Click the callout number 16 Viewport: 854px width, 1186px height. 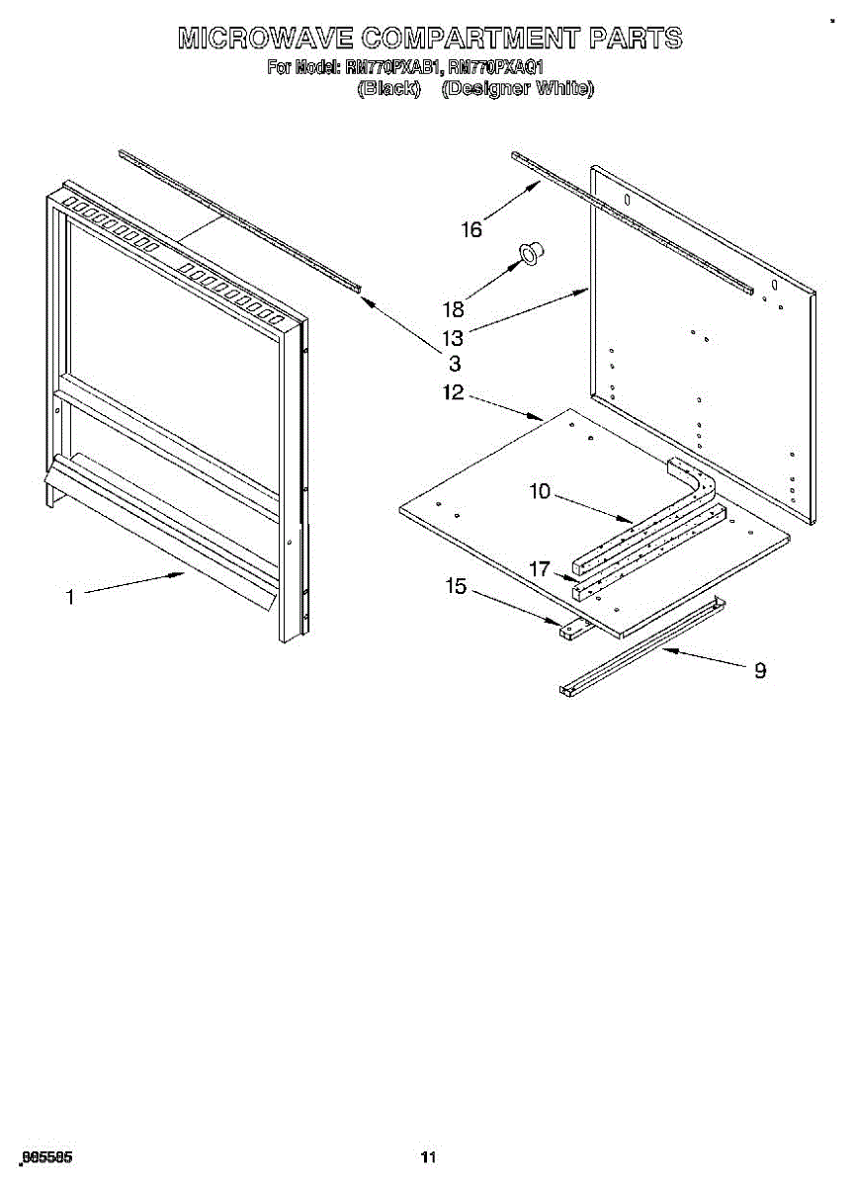[x=471, y=230]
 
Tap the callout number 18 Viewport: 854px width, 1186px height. [x=453, y=308]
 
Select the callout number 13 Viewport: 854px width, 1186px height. [x=453, y=337]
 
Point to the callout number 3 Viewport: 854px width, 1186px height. [x=455, y=364]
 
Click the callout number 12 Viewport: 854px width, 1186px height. [x=453, y=393]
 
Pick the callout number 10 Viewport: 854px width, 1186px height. [x=540, y=491]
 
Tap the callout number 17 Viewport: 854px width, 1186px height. [x=540, y=569]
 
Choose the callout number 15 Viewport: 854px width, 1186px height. [x=456, y=587]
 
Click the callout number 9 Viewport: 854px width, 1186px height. [x=760, y=670]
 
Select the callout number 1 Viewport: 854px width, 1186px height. [x=70, y=596]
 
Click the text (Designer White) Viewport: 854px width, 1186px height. [x=517, y=89]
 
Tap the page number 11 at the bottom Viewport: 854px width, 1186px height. [x=427, y=1157]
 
